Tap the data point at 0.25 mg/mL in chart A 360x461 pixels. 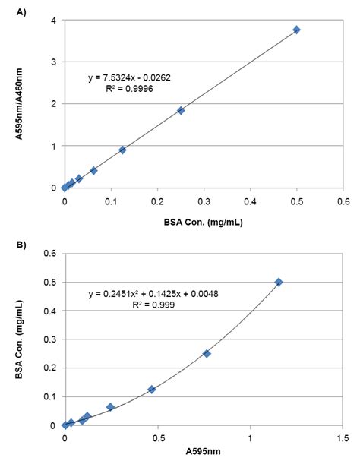pos(181,110)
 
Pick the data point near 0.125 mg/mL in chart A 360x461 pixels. pos(122,150)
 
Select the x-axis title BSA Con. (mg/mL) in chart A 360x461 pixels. pos(203,223)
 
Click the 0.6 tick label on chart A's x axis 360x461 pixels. pos(343,201)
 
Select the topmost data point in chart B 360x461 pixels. pos(278,282)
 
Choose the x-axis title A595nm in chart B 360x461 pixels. pos(203,452)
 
